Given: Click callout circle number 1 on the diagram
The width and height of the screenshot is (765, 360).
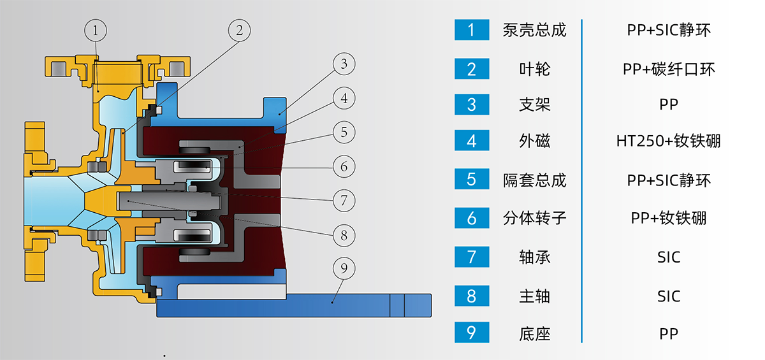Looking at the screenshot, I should tap(96, 29).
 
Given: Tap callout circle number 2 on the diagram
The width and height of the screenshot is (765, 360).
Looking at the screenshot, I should tap(240, 29).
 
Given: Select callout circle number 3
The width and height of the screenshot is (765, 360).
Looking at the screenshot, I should tap(344, 64).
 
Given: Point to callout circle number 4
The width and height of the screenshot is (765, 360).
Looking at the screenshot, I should tap(344, 99).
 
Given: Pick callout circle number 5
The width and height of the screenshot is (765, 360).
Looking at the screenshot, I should tap(344, 133).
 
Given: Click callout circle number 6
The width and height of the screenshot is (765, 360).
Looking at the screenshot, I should tap(344, 166).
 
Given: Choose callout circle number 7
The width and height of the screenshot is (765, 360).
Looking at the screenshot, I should tap(344, 200).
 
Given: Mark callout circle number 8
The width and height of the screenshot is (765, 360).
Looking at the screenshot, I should tap(344, 234).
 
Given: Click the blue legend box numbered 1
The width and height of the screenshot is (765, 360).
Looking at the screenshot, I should tap(472, 29).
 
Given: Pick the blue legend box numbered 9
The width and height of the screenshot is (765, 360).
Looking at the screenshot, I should tap(472, 332).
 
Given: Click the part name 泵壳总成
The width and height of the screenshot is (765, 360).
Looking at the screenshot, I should tap(534, 30).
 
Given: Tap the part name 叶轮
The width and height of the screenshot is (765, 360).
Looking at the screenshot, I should tap(534, 68).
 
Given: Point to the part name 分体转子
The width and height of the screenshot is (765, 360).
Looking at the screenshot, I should tap(534, 219).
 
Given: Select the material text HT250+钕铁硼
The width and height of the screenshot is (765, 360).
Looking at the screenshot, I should tap(668, 141).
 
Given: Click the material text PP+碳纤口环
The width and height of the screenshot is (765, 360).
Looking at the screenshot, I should tap(668, 68).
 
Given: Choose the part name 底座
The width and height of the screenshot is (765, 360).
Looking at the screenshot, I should tap(534, 333).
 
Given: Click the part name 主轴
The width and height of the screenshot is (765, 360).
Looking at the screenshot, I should tap(534, 296).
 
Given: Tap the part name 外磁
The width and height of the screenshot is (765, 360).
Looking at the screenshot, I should tap(534, 141).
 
